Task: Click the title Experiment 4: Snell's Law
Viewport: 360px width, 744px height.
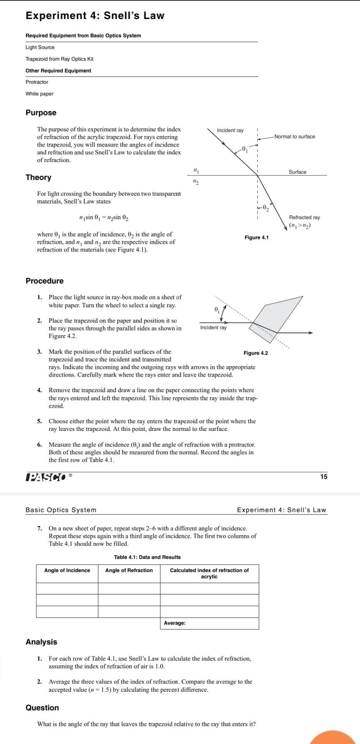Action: tap(95, 16)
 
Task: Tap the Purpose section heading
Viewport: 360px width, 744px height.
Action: tap(41, 113)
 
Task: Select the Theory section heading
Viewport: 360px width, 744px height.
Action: tap(38, 177)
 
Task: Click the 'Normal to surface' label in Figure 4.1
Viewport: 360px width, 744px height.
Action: tap(295, 137)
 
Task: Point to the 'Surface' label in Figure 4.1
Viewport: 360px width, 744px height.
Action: tap(297, 172)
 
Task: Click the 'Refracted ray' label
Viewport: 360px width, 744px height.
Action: tap(304, 218)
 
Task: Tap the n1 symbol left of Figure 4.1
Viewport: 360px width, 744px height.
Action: tap(196, 170)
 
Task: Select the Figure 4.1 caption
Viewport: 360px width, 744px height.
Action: tap(256, 238)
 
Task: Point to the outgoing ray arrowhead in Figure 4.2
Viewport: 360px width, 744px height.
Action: tap(310, 332)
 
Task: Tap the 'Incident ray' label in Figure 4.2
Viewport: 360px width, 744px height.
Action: tap(213, 328)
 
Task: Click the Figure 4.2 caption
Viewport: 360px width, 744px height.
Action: tap(255, 353)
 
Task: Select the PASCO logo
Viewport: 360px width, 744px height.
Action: tap(45, 477)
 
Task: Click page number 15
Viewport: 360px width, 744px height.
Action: tap(324, 477)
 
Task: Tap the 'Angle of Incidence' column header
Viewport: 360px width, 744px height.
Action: tap(67, 570)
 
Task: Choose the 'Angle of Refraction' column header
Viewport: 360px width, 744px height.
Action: tap(129, 570)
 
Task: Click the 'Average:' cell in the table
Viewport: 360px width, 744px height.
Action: tap(174, 623)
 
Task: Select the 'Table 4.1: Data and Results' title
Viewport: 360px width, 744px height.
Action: tap(147, 557)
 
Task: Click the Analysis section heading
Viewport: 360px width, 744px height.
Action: tap(41, 642)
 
